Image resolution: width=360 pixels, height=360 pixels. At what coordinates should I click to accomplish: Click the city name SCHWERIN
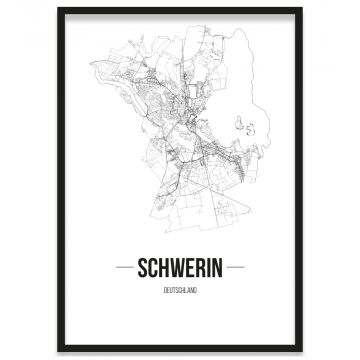(180, 271)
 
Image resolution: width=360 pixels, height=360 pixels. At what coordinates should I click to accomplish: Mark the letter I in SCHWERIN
(209, 271)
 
